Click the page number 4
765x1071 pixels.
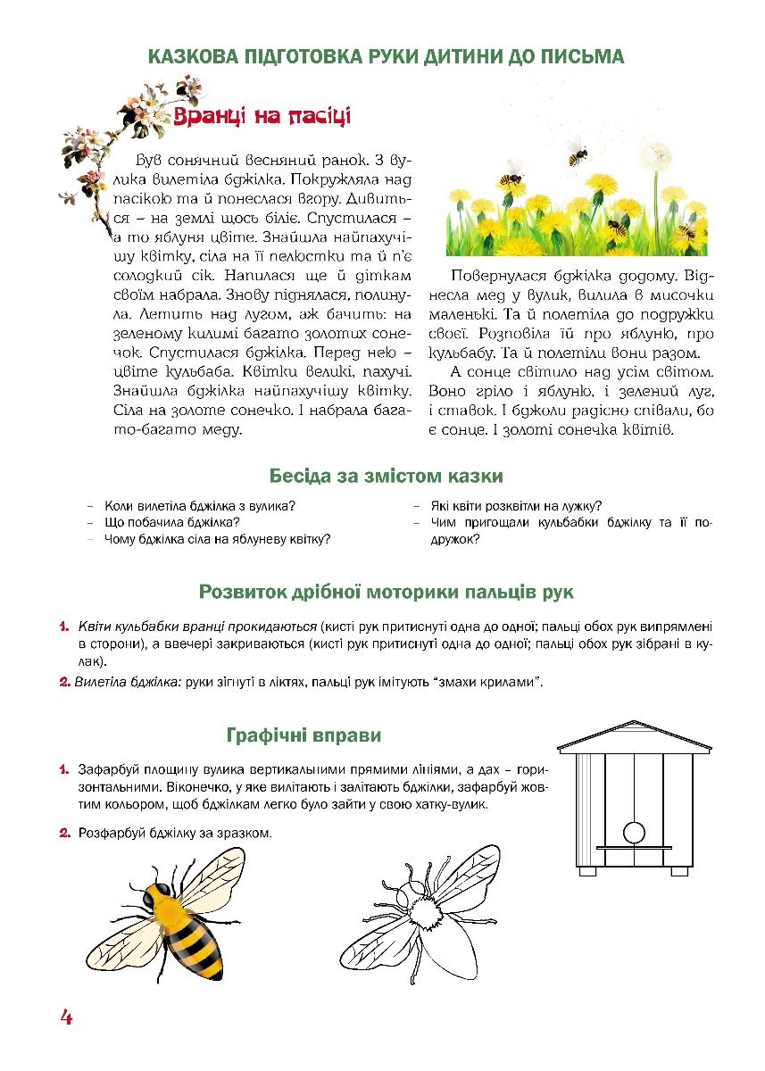coord(66,1017)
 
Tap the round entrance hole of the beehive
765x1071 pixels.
coord(633,832)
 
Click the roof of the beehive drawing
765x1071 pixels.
coord(634,735)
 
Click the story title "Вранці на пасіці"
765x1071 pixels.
coord(262,118)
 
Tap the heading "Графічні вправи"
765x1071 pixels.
coord(304,735)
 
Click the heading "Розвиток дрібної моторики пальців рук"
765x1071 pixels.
coord(386,591)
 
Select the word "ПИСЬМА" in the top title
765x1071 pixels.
coord(584,56)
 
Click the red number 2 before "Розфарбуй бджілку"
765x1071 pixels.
coord(65,834)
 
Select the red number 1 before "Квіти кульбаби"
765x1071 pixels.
coord(65,627)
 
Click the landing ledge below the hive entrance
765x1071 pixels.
coord(633,846)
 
